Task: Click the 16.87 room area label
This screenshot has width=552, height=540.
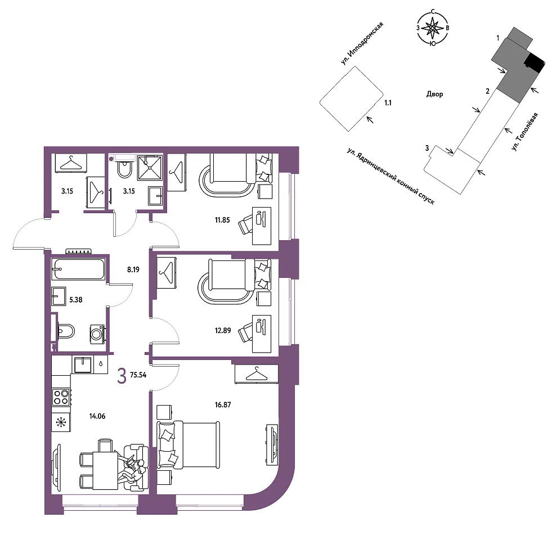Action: tap(223, 405)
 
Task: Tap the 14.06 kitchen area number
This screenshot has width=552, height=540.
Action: tap(97, 416)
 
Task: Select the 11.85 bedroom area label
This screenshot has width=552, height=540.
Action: tap(222, 220)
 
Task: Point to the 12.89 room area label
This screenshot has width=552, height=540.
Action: tap(223, 331)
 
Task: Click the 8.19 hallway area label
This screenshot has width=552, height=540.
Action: tap(133, 269)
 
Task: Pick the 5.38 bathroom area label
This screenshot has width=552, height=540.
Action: tap(76, 300)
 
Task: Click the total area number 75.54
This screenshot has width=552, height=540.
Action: tap(138, 375)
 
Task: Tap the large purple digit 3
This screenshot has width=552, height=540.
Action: tap(122, 376)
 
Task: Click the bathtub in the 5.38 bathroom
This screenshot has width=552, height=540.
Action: tap(78, 269)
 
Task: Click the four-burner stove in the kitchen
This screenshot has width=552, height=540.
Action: tap(61, 397)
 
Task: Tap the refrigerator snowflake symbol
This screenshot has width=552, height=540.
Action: tap(61, 422)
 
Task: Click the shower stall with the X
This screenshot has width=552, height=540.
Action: tap(150, 168)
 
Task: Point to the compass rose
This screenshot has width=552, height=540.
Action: tap(433, 28)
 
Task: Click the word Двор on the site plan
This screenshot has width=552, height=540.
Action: tap(435, 94)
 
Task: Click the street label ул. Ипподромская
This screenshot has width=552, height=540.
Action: tap(362, 43)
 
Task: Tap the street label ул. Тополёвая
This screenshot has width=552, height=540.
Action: tap(525, 132)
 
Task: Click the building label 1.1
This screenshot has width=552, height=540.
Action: tap(388, 103)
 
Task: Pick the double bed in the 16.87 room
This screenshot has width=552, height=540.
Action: tap(188, 445)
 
